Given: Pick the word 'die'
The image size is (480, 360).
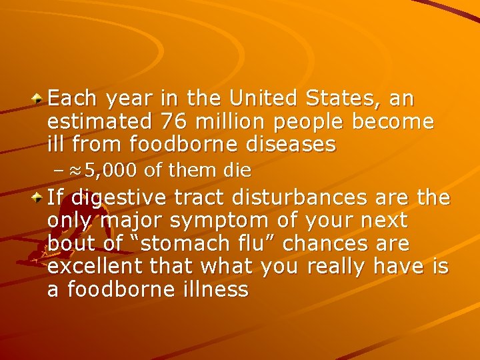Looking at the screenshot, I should (237, 171).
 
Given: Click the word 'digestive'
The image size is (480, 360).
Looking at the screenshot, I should (121, 198).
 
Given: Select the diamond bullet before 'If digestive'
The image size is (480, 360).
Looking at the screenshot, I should (39, 198).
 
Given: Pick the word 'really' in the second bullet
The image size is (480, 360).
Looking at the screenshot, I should (336, 267).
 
